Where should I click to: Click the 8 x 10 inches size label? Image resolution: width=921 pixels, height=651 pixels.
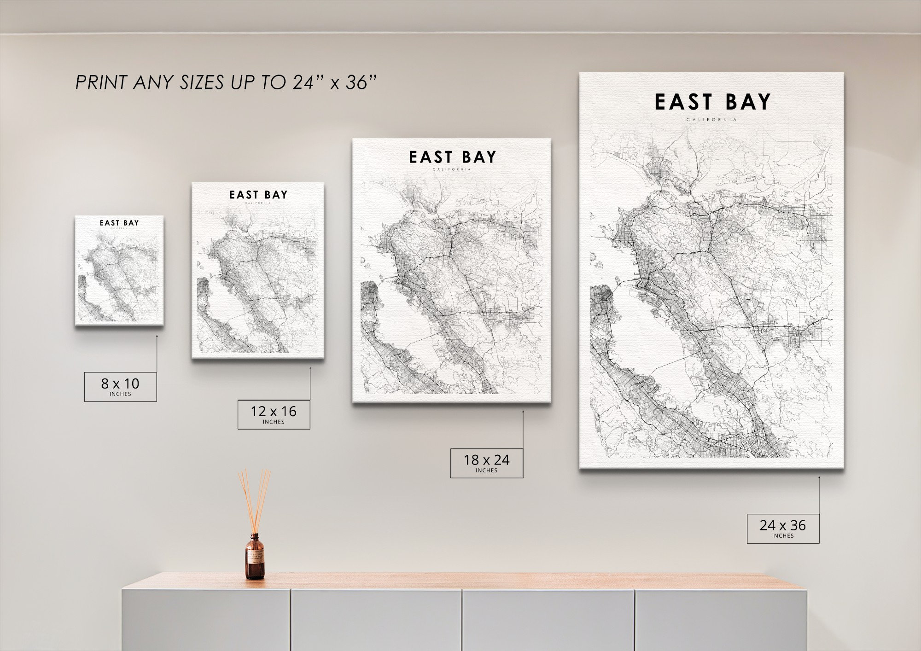pyautogui.click(x=120, y=386)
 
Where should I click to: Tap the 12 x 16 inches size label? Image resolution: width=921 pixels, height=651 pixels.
pyautogui.click(x=274, y=414)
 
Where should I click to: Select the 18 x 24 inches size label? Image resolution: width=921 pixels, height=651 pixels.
pyautogui.click(x=486, y=463)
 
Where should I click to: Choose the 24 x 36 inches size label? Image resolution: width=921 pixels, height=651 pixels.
pyautogui.click(x=783, y=528)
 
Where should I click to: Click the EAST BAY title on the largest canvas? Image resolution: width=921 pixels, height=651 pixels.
pyautogui.click(x=712, y=102)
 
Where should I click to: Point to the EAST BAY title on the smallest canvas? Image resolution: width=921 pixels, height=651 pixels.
pyautogui.click(x=119, y=223)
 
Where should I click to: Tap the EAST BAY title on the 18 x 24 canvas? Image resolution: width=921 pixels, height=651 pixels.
pyautogui.click(x=452, y=157)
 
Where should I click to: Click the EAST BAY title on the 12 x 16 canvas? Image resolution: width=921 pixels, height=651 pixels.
pyautogui.click(x=258, y=195)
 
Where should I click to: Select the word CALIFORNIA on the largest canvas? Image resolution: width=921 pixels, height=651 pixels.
pyautogui.click(x=711, y=120)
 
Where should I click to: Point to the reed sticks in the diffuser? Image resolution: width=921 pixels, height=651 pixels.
pyautogui.click(x=254, y=500)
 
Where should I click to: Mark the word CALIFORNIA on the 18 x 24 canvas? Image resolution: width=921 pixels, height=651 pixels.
pyautogui.click(x=452, y=169)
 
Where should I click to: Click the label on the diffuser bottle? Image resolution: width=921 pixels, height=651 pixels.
pyautogui.click(x=254, y=558)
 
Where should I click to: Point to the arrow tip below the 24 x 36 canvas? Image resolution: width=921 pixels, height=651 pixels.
pyautogui.click(x=819, y=477)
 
